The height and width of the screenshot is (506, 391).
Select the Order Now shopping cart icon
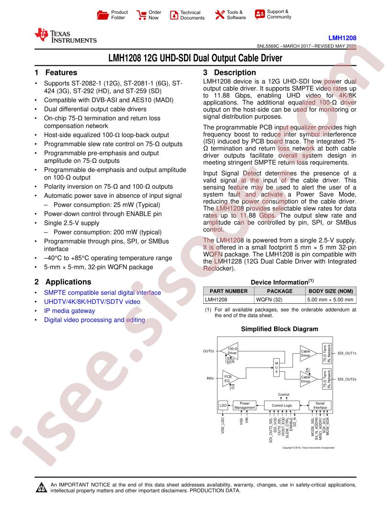click(141, 15)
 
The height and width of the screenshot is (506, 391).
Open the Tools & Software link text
click(236, 15)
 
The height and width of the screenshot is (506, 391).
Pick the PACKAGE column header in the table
click(279, 291)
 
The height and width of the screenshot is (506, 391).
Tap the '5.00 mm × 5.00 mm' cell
click(330, 299)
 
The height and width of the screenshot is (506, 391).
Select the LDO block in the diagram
click(223, 405)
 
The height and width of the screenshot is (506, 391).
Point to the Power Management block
click(245, 405)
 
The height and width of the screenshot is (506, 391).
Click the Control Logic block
click(282, 405)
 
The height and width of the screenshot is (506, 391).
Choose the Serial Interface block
click(320, 405)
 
